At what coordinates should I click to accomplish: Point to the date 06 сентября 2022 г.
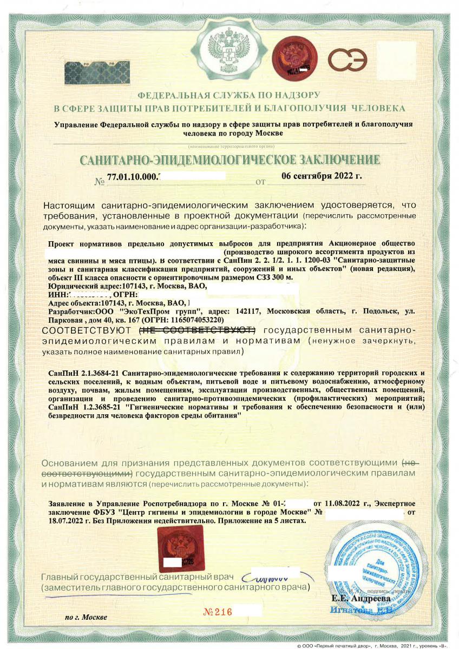tap(322, 175)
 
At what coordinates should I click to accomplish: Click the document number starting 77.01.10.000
tap(133, 177)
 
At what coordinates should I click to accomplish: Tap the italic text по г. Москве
tap(86, 617)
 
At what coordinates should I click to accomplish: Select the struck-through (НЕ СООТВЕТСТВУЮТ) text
tap(198, 330)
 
